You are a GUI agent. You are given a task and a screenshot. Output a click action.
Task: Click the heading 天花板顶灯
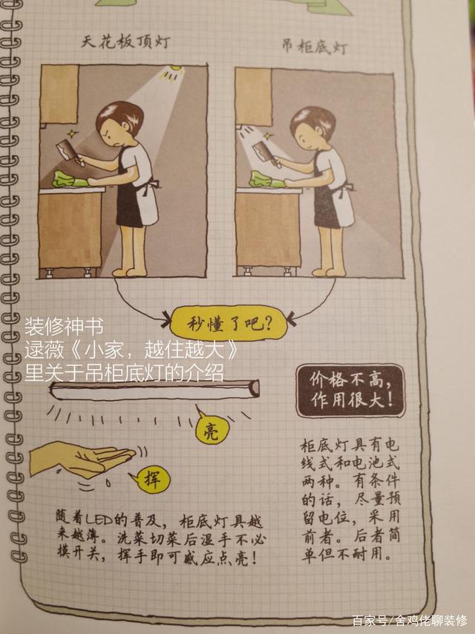125,42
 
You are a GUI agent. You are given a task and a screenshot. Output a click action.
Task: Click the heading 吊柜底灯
314,47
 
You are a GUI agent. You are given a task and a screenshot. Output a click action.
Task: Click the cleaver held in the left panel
71,151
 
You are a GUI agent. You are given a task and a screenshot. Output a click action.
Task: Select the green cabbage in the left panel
70,180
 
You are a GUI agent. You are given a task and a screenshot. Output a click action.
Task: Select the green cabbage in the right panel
266,180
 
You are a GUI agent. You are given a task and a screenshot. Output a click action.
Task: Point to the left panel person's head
119,122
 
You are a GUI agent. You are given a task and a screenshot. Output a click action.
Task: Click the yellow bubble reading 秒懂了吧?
229,324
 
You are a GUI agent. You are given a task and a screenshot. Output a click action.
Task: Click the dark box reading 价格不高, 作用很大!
350,390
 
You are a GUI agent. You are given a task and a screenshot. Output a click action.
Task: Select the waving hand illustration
81,460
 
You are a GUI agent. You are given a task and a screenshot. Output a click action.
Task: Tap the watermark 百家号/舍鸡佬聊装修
410,621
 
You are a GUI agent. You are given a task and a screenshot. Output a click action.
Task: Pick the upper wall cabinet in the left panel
59,94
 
